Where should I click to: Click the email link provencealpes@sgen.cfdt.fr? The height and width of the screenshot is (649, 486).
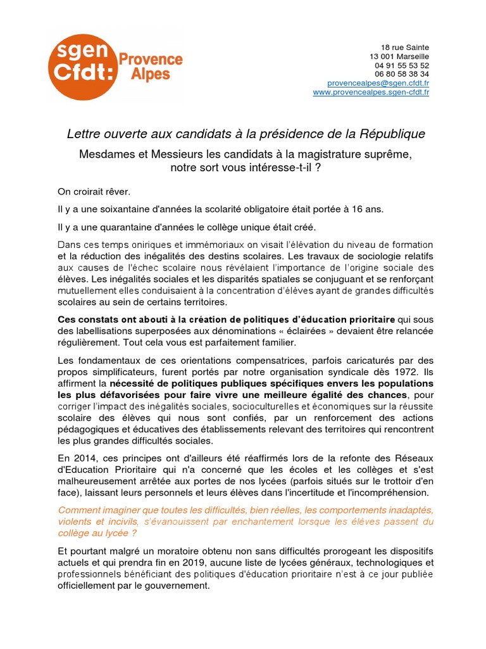tap(378, 83)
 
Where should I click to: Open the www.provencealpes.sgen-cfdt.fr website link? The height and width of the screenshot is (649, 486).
tap(371, 93)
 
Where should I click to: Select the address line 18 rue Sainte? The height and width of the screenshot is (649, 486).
tap(405, 48)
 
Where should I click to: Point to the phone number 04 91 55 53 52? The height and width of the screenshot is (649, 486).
tap(402, 65)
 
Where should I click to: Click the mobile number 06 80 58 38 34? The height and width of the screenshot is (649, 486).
tap(402, 74)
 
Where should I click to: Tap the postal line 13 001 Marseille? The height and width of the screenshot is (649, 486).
tap(399, 56)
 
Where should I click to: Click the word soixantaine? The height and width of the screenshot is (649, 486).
tap(117, 209)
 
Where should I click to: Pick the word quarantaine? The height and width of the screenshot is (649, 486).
tap(117, 227)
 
